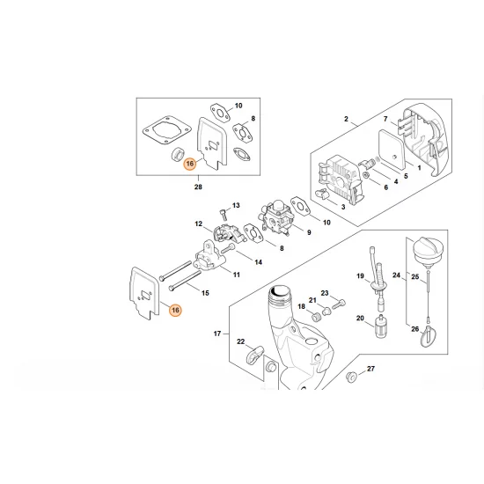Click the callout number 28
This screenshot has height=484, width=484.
(x=198, y=187)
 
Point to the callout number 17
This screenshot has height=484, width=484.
(x=217, y=335)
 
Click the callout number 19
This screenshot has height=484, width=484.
(x=360, y=277)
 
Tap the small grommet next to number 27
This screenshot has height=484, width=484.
(x=352, y=378)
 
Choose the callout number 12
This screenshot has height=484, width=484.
(x=199, y=224)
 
